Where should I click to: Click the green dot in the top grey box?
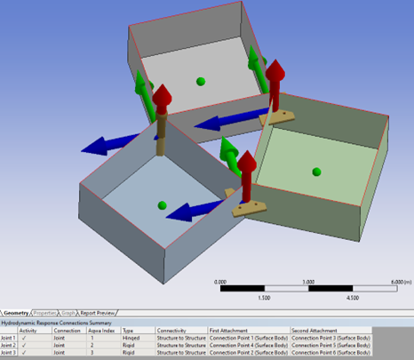point(202,82)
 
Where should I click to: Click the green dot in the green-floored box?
point(314,171)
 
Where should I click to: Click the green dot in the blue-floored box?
point(162,204)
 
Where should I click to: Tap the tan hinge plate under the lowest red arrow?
point(246,207)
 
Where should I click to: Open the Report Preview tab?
point(98,313)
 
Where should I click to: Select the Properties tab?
point(45,313)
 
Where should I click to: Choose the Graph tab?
point(68,313)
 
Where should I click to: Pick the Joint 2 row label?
point(9,344)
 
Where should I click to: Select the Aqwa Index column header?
point(100,329)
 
